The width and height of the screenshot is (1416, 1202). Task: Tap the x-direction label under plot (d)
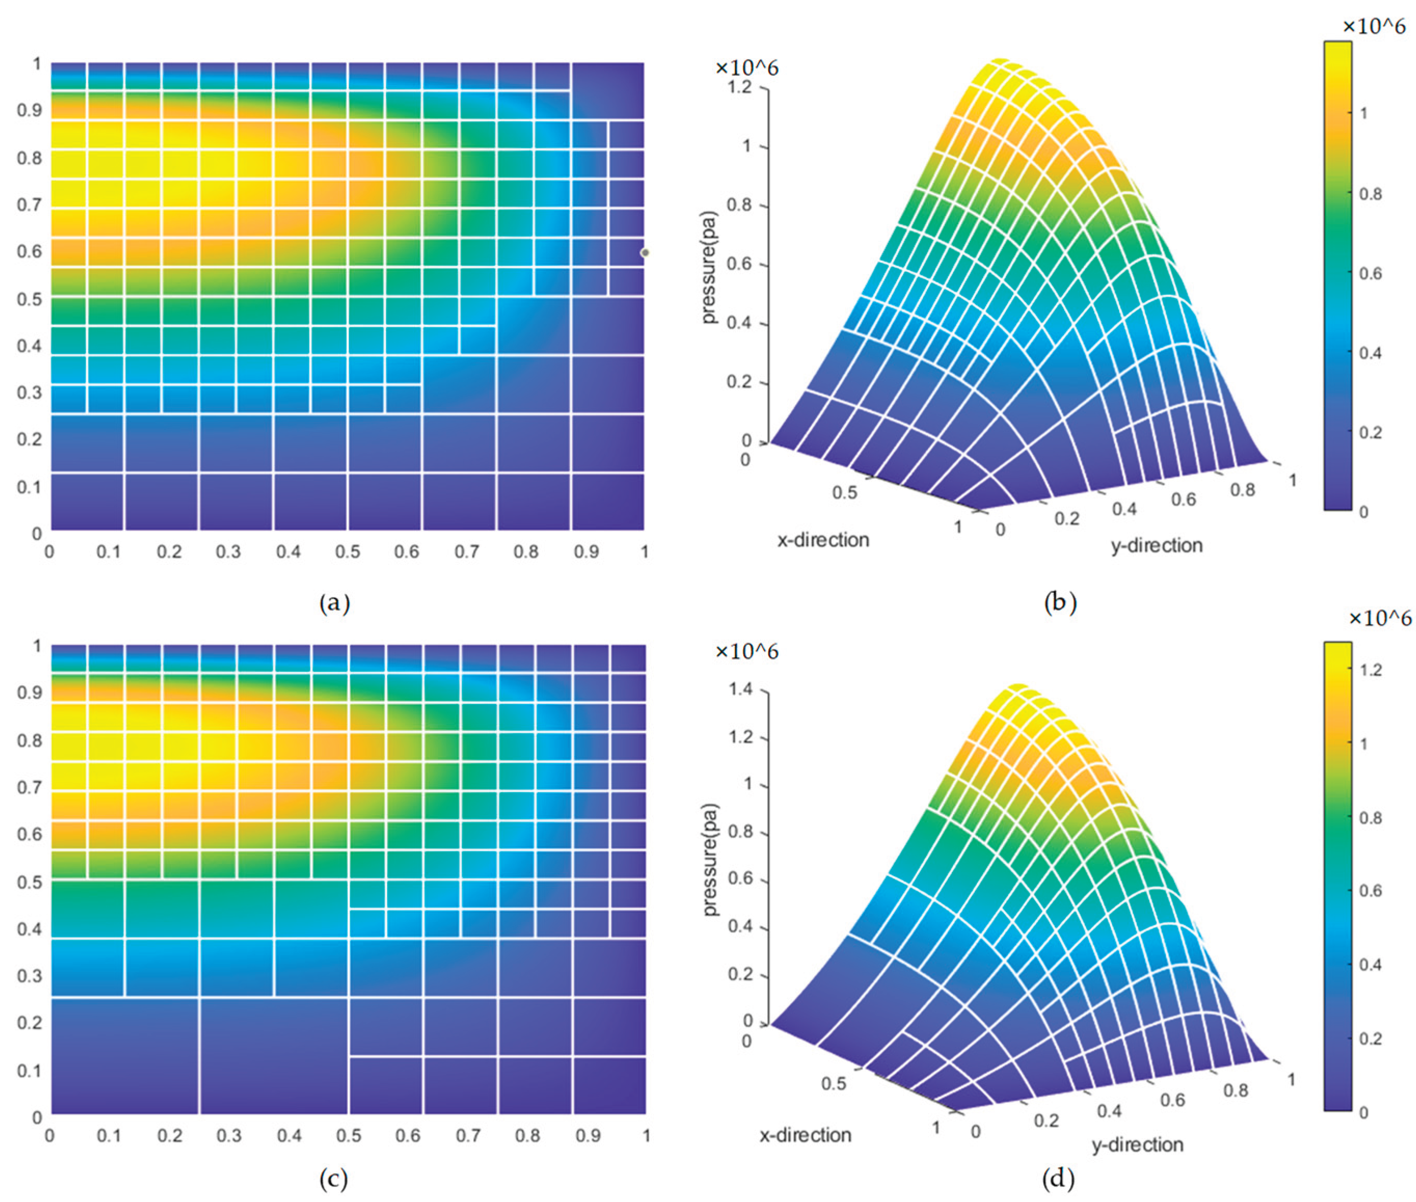coord(805,1135)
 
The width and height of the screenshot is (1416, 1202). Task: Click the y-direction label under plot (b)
coord(1156,545)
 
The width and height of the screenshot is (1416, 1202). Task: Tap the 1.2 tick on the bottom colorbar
coord(1370,669)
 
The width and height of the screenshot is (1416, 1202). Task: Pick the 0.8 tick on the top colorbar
coord(1370,194)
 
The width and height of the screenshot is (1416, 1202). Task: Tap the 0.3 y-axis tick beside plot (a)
coord(29,393)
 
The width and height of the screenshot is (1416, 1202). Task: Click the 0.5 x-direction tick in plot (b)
coord(844,492)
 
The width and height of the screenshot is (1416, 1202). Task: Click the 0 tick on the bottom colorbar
coord(1364,1113)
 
